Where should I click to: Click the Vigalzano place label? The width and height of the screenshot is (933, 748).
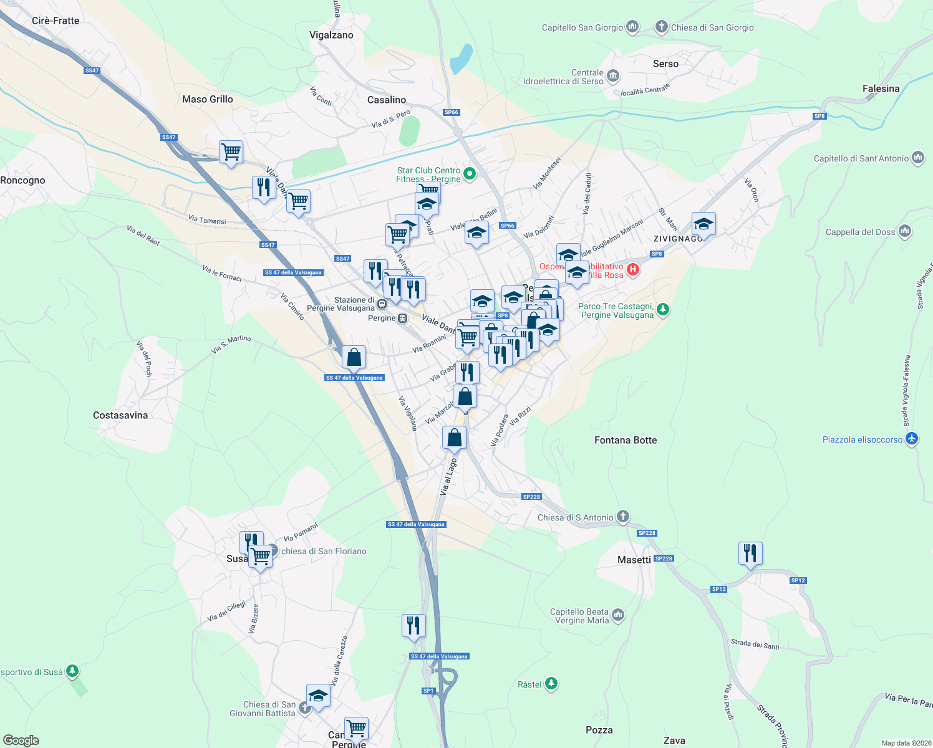tap(331, 35)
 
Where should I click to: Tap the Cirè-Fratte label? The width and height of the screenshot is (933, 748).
tap(56, 21)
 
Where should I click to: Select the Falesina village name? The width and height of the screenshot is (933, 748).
tap(881, 89)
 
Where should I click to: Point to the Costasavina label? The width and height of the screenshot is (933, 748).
tap(120, 415)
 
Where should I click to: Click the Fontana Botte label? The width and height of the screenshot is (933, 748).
tap(626, 440)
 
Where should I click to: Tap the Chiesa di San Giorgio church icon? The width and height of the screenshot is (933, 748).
tap(661, 27)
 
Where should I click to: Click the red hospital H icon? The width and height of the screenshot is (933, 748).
tap(633, 270)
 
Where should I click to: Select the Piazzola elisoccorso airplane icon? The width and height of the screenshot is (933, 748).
tap(912, 439)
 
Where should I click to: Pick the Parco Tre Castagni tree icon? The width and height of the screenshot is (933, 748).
tap(663, 309)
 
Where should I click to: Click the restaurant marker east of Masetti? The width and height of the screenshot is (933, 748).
tap(750, 553)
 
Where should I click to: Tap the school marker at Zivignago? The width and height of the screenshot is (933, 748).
tap(703, 224)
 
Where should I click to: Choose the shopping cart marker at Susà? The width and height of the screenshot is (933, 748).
tap(260, 555)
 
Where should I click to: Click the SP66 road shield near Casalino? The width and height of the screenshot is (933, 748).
tap(452, 113)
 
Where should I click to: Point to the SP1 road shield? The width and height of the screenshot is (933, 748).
tap(428, 691)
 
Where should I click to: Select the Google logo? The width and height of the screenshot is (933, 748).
tap(21, 741)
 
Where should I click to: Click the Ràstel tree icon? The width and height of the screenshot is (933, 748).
tap(551, 684)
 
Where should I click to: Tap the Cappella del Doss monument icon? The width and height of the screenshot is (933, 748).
tap(905, 232)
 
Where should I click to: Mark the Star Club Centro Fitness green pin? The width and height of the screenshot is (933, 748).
tap(470, 174)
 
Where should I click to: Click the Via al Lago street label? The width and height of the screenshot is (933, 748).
tap(448, 477)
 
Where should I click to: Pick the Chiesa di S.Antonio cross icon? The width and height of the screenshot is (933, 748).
tap(622, 516)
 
